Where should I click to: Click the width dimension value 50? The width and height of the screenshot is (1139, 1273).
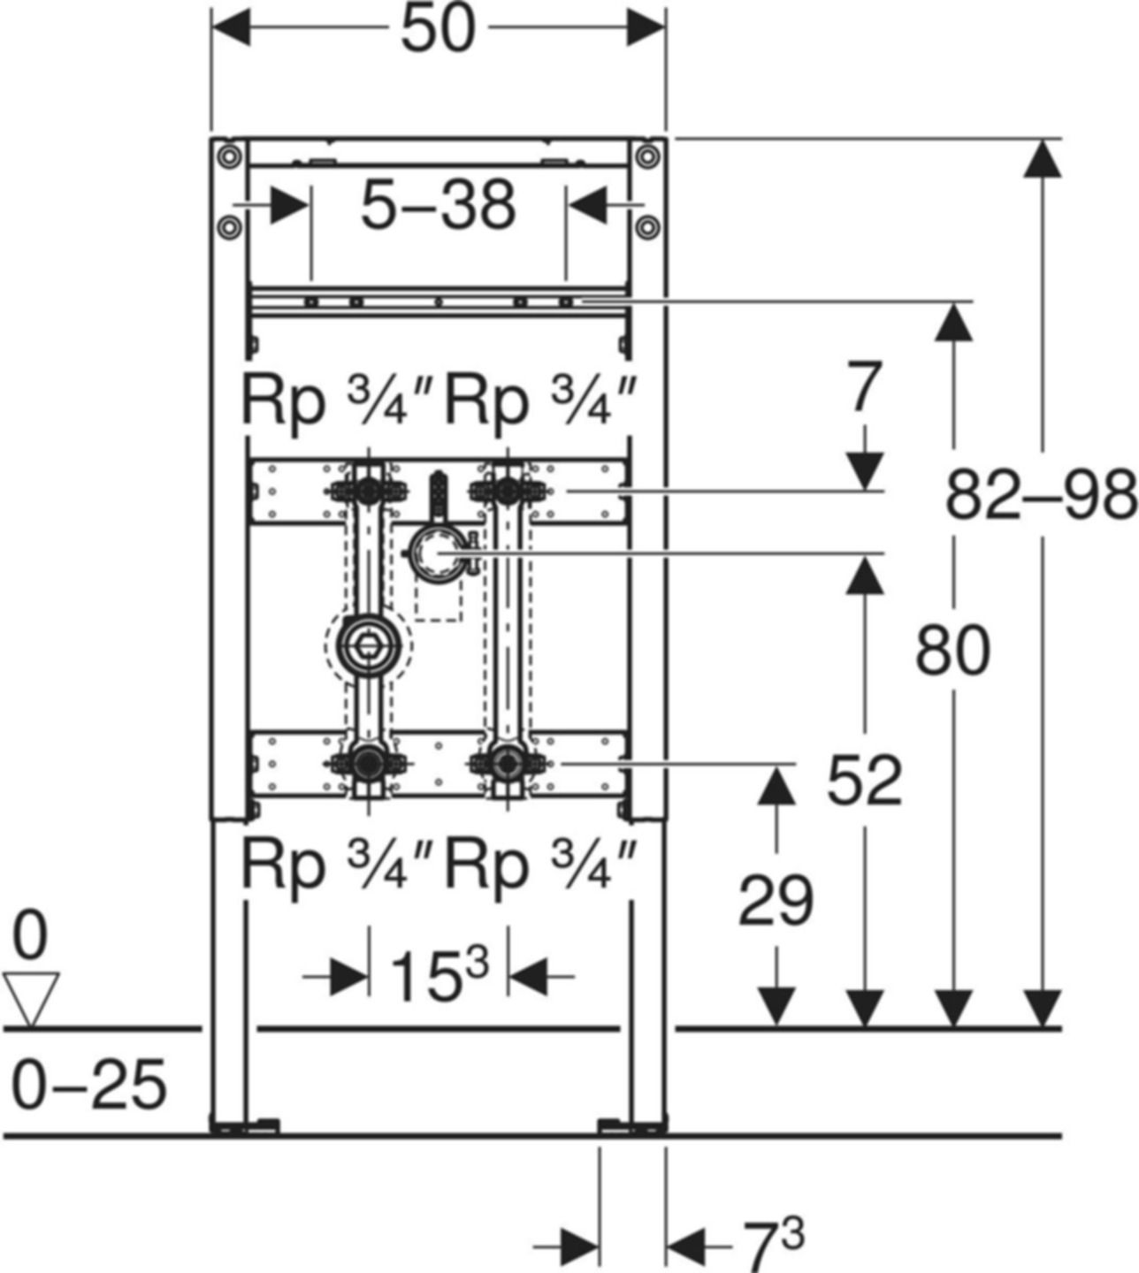click(x=438, y=31)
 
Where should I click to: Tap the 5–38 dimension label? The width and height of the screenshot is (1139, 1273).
click(x=438, y=205)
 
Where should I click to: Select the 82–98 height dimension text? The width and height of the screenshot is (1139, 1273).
click(x=1040, y=496)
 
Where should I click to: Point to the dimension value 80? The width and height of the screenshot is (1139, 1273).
click(x=952, y=651)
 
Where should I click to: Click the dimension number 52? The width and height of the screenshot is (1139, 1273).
click(x=864, y=781)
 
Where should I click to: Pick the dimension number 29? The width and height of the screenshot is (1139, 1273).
click(x=776, y=902)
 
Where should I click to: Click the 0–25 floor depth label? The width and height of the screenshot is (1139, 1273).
click(x=88, y=1085)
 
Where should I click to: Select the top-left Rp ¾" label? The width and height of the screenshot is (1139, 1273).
click(x=337, y=402)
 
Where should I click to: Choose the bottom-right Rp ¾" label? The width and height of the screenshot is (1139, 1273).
click(x=540, y=865)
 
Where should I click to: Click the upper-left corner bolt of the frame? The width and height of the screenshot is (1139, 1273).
click(x=229, y=157)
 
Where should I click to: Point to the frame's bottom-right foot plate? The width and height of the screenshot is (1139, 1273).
click(x=632, y=1124)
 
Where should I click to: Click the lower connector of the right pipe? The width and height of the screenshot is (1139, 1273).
click(x=508, y=762)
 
